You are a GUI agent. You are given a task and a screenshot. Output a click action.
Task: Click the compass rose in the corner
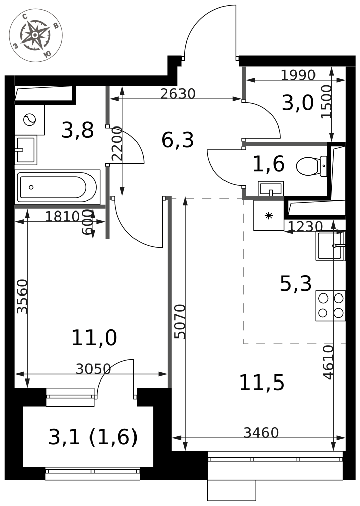35,35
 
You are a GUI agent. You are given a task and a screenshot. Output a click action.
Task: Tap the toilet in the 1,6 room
311,166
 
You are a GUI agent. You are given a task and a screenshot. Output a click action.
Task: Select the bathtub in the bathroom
58,187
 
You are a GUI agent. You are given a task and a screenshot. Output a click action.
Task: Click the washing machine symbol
30,120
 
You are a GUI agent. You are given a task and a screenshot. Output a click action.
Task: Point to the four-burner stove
330,306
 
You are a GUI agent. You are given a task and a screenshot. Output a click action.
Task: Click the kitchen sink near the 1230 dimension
330,246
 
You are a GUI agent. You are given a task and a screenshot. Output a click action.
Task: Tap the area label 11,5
261,383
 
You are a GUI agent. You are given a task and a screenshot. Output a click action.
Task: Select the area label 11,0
94,338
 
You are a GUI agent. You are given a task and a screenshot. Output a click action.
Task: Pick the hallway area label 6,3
177,140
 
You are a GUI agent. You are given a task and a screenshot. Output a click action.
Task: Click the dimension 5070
179,321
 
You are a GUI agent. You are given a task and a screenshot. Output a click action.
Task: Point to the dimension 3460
260,433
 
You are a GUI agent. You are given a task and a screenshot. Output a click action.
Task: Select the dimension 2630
178,94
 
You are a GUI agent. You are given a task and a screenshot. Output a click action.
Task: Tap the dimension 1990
298,75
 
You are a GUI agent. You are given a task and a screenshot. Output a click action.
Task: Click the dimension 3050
93,368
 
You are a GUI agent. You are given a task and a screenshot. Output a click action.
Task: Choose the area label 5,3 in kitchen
295,284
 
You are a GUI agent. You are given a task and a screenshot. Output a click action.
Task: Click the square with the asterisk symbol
268,215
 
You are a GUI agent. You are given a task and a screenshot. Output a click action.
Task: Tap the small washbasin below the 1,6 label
271,188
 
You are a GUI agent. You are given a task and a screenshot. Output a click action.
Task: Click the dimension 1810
62,216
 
